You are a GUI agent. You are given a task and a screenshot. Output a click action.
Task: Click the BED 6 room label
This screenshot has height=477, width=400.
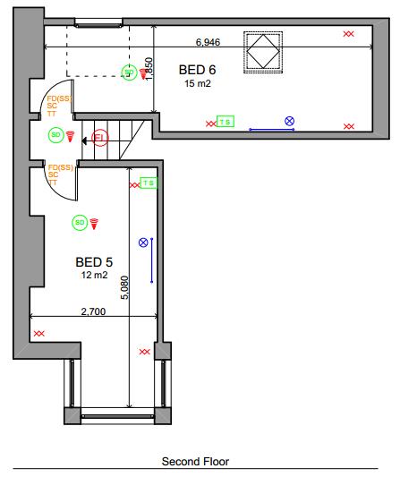point(197,69)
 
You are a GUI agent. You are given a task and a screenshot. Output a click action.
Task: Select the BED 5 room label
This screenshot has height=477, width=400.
point(94,262)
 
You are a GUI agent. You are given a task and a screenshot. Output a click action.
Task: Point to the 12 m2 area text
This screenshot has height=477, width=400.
point(94,276)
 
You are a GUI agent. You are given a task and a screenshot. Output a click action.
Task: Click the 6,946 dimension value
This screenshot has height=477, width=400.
point(208,42)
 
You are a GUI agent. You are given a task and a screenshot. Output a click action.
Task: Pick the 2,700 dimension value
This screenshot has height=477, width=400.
point(94,311)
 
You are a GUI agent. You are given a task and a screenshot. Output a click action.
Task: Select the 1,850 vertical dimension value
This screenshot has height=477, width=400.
point(150,70)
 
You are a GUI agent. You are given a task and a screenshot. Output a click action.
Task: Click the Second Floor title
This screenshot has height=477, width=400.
point(195,462)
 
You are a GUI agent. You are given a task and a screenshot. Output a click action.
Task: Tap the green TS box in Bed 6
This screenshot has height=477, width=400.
point(225,122)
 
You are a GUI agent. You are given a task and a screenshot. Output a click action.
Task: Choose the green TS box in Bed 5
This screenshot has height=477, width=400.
point(149,183)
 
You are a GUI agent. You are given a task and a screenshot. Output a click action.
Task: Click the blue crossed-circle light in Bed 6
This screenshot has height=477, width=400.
point(289,121)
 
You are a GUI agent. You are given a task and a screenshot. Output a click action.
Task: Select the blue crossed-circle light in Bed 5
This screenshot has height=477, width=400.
point(143,243)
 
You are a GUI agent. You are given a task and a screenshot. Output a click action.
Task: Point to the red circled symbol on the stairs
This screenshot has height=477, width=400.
point(99,138)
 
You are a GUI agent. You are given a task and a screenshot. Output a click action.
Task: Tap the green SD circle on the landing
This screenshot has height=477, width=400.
point(55,135)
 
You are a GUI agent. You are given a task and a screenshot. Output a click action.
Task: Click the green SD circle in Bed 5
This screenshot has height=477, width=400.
point(80,222)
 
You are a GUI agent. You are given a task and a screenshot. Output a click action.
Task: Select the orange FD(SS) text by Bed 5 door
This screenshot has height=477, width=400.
point(60,167)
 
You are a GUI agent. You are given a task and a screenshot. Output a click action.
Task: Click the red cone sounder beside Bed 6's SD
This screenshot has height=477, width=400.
point(141,74)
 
